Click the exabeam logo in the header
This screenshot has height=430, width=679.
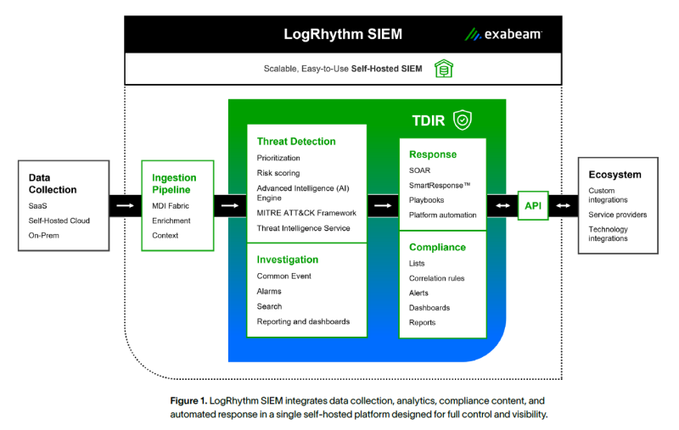tap(503, 35)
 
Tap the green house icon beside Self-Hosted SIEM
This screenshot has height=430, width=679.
tap(442, 69)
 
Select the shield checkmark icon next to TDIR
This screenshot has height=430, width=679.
tap(462, 120)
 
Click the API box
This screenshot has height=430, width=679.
tap(533, 205)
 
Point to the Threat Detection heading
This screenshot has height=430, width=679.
tap(296, 142)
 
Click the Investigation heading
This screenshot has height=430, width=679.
tap(288, 260)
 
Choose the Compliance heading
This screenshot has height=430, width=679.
tap(437, 248)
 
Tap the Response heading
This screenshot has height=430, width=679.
tap(433, 154)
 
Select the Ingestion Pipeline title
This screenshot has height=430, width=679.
tap(174, 184)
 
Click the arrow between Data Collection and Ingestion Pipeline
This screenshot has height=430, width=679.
tap(126, 205)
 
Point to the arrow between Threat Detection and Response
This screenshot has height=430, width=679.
tap(384, 205)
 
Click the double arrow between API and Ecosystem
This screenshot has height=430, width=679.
tap(564, 205)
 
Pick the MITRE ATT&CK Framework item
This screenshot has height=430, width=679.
tap(306, 213)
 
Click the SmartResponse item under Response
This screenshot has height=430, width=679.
tap(440, 185)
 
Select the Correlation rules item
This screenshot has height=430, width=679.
tap(436, 278)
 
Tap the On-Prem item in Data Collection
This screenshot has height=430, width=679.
tap(42, 235)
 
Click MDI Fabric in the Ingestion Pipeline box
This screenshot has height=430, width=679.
tap(171, 206)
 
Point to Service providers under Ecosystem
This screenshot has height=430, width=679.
tap(617, 215)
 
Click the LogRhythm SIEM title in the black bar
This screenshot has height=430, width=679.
tap(343, 35)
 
